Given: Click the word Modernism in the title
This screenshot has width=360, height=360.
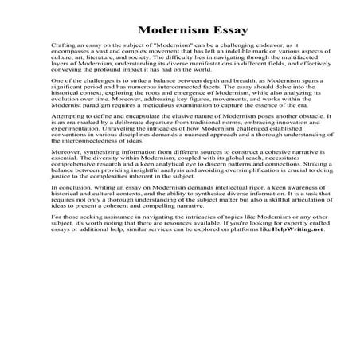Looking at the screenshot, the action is pyautogui.click(x=156, y=31).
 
